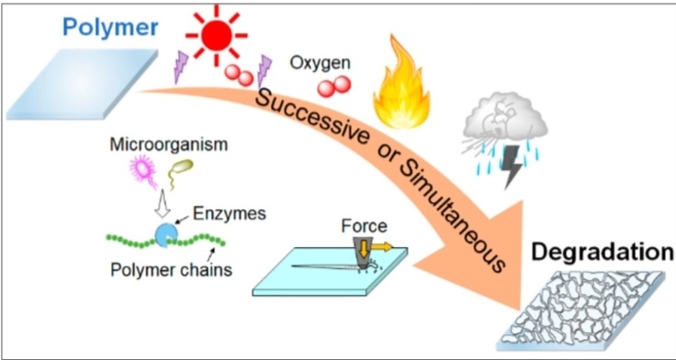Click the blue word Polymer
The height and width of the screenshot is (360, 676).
coord(110,27)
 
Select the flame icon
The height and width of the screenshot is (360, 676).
coord(401,84)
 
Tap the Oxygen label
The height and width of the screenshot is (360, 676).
coord(320,63)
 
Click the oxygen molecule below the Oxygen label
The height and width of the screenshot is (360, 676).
coord(333,86)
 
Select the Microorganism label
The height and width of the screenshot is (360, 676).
coord(169,145)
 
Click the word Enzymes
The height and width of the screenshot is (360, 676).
coord(229,214)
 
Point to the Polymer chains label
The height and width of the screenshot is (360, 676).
coord(172,270)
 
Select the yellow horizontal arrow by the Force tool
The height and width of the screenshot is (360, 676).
coord(381,247)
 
